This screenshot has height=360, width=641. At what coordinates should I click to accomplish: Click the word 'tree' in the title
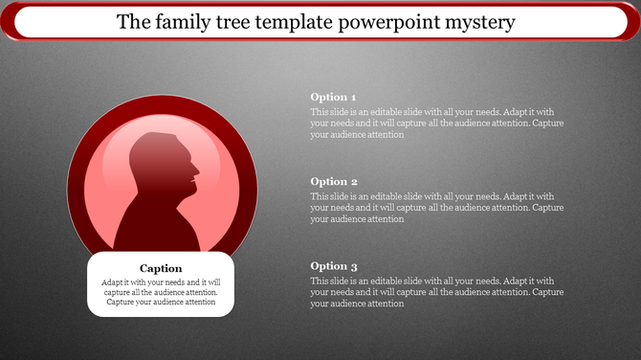click(241, 21)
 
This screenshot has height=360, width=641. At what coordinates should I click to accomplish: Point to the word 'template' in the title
click(298, 21)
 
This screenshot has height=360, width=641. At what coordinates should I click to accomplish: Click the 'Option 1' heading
click(334, 98)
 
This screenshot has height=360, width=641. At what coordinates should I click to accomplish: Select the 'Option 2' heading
click(334, 181)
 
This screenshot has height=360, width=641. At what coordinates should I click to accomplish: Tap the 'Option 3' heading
click(334, 266)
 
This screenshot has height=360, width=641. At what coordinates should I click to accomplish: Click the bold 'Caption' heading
click(161, 268)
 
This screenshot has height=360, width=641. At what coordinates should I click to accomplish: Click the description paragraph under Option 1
click(436, 124)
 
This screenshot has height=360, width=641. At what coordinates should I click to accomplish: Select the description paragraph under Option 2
click(436, 207)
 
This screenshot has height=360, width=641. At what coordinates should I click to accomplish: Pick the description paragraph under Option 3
click(436, 292)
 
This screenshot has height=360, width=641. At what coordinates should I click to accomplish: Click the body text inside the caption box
click(161, 293)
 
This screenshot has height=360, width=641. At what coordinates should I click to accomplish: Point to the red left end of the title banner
click(8, 21)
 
